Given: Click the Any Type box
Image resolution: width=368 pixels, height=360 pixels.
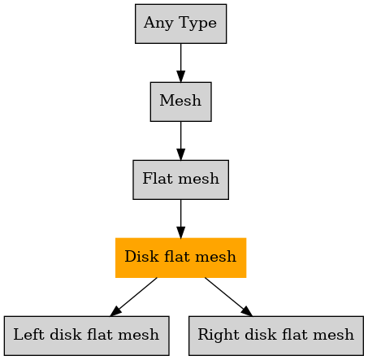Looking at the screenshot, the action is point(180,24).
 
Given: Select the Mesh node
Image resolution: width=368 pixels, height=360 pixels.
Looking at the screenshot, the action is point(180,102).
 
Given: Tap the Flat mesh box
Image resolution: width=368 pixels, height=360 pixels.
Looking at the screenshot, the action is point(180,180).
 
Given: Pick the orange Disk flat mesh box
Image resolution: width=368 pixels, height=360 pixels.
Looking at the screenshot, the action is point(180,258).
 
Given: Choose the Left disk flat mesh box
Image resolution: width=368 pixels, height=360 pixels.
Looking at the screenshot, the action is point(87,336).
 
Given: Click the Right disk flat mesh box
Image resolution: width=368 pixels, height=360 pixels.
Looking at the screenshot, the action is point(276,336).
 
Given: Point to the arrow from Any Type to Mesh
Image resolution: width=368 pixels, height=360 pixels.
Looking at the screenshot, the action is point(181,63).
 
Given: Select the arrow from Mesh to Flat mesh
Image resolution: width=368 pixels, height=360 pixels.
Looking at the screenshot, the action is point(181,141).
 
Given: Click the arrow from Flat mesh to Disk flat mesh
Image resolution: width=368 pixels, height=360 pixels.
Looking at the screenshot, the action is point(181,219).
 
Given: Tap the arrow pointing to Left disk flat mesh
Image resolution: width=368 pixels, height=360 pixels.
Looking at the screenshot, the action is point(133,297).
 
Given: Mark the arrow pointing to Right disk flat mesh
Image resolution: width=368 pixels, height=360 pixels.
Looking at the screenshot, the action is point(228,297).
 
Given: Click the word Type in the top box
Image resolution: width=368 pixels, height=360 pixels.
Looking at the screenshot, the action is point(197,23).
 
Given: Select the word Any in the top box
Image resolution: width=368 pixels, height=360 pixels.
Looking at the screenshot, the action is point(158,23).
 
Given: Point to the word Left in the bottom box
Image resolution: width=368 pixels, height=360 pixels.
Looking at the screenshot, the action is point(29,334).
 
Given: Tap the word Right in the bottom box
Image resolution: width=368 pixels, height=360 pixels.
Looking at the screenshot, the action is point(219,335).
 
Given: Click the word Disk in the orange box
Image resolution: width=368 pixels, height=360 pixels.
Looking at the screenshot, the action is point(141,256).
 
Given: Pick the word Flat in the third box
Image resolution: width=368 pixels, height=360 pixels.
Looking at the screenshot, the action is point(158,178).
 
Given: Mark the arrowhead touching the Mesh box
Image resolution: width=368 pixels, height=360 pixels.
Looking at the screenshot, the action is point(181,76).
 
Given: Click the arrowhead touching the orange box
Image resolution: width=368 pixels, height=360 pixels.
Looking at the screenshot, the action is point(181,232).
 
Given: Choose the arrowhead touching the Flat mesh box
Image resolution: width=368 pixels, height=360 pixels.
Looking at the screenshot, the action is point(181,154).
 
